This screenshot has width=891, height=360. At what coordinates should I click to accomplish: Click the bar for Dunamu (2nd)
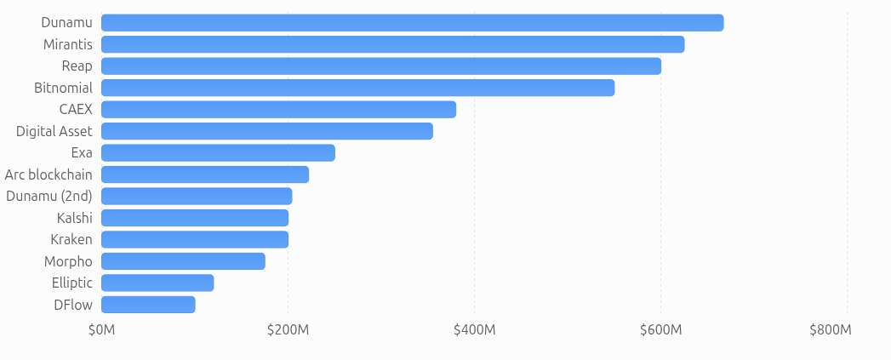pos(197,197)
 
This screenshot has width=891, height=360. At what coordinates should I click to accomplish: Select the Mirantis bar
pos(392,44)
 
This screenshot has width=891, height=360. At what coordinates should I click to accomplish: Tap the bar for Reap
pos(381,66)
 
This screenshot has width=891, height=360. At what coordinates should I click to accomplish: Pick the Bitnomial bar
pos(358,88)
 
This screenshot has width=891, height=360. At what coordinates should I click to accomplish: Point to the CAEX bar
pos(278,109)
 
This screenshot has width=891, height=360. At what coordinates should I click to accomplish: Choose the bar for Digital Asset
pos(267,131)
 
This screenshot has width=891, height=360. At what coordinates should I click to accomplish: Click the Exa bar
pos(218,153)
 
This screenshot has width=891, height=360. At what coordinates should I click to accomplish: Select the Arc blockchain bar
pos(205,174)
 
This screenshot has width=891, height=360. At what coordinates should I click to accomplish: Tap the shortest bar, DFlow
pos(148,305)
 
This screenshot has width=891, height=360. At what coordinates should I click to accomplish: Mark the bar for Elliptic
pos(157,283)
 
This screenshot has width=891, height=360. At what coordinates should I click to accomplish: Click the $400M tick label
pos(475,330)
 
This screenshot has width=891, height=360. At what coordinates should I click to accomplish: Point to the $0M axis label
pos(102,330)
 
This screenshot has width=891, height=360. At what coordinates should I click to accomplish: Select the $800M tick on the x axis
pos(831,330)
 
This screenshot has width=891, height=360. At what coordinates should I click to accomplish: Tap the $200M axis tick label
pos(288,330)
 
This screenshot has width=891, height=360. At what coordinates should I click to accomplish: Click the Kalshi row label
pos(74,218)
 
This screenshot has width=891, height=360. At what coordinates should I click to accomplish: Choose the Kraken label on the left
pos(71,239)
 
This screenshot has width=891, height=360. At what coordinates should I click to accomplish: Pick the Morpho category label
pos(68,261)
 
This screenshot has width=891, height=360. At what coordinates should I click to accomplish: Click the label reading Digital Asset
pos(54,131)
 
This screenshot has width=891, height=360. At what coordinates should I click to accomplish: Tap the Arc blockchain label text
pos(49,174)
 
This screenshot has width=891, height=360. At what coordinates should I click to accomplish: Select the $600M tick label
pos(661,330)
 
